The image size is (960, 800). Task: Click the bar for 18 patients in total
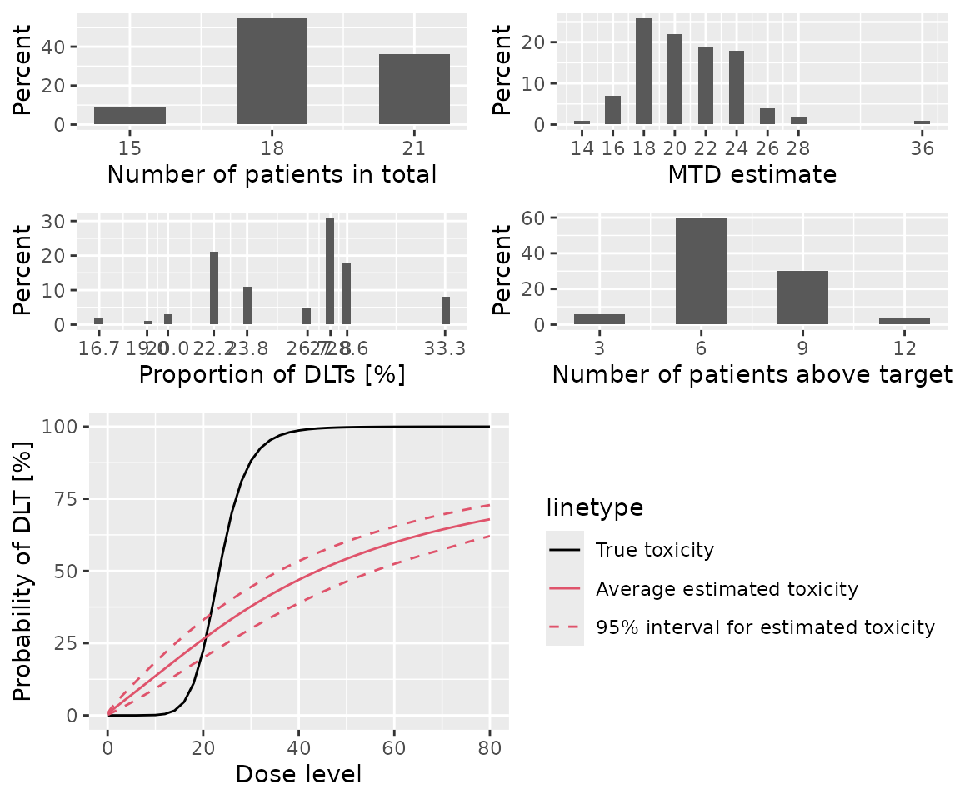[272, 71]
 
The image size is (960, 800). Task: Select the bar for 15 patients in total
[129, 116]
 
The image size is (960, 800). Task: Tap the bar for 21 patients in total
[414, 89]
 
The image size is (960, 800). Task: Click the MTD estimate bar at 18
[643, 71]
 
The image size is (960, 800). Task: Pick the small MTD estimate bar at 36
[922, 122]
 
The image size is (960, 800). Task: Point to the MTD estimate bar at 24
[737, 87]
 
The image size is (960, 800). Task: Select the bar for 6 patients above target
[701, 271]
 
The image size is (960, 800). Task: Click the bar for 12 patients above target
[904, 320]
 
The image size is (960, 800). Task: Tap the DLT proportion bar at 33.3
[446, 310]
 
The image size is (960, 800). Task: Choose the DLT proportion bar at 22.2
[214, 287]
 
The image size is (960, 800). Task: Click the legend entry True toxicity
[654, 549]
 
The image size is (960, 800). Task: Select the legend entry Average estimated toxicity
[726, 589]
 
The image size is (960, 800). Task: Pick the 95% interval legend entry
[765, 627]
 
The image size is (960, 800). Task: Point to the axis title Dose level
[298, 774]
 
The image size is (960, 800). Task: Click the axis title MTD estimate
[752, 174]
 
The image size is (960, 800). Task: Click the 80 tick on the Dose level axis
[489, 746]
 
